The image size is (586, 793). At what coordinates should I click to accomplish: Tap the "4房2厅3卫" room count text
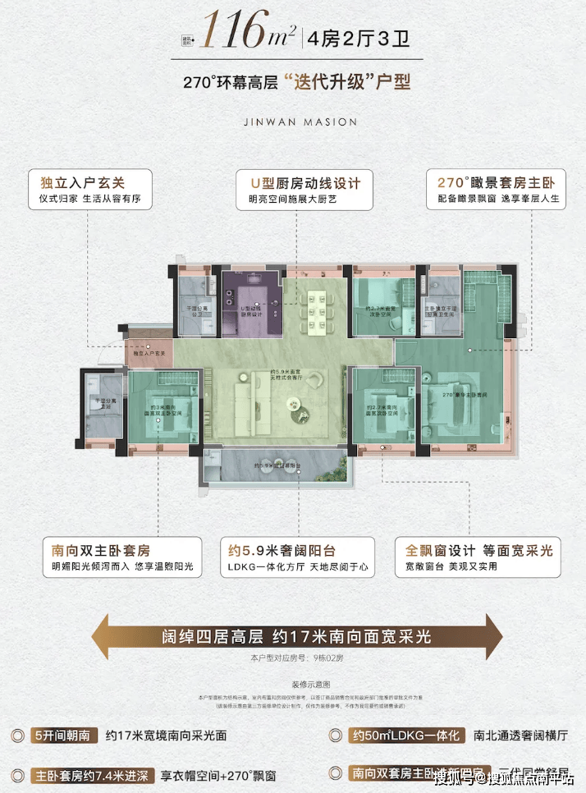350,37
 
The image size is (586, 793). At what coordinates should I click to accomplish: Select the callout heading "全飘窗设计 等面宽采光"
479,550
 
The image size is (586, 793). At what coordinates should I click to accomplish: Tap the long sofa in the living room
243,401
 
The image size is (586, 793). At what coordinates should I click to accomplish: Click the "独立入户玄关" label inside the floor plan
147,352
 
